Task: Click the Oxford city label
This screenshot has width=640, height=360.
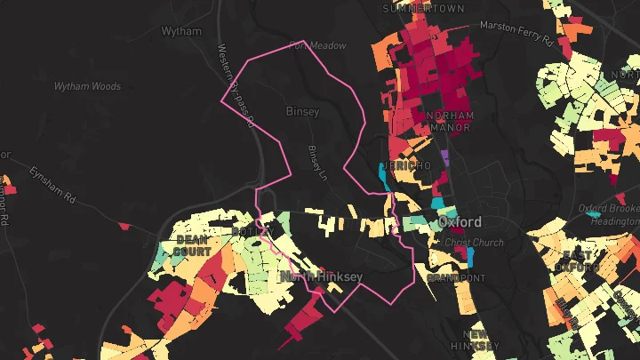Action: [x=459, y=222]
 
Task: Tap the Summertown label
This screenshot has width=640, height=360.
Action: [x=412, y=8]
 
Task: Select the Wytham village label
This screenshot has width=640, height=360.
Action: [x=181, y=31]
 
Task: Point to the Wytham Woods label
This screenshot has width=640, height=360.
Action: [x=87, y=87]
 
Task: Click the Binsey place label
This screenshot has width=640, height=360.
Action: [x=302, y=112]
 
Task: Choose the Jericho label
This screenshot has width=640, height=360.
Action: [x=410, y=166]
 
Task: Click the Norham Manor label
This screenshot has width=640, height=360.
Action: [x=451, y=122]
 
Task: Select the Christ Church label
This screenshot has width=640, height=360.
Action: [x=474, y=243]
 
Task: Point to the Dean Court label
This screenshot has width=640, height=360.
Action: [x=193, y=245]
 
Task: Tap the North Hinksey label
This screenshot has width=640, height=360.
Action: [x=322, y=277]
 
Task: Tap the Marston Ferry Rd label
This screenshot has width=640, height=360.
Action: [x=517, y=32]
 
